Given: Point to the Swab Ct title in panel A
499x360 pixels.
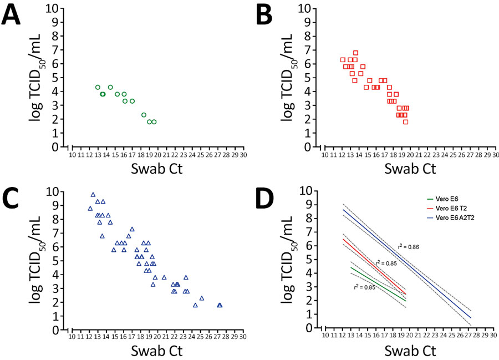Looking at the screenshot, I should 156,168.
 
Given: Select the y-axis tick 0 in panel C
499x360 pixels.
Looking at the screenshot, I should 56,330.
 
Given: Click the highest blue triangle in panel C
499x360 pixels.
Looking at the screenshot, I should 93,195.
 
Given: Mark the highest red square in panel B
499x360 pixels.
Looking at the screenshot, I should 355,53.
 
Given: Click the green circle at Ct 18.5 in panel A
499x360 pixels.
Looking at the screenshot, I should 144,115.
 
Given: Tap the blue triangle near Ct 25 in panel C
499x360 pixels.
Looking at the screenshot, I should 202,298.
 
